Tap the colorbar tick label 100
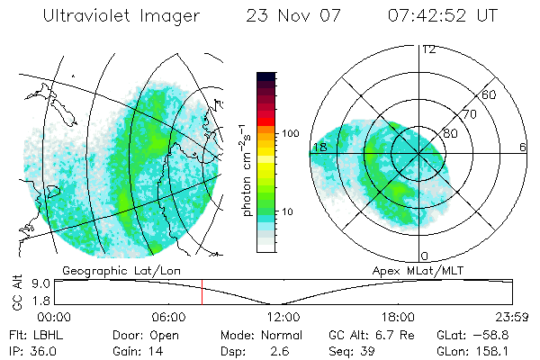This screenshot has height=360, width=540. tap(290, 133)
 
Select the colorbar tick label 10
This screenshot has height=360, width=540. tap(287, 212)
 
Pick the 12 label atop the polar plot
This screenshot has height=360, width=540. tap(428, 49)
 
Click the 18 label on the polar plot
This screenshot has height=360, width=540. tap(319, 147)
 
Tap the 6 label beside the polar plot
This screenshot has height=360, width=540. tap(523, 147)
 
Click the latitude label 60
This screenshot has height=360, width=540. tap(490, 95)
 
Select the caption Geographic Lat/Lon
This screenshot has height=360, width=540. tap(106, 269)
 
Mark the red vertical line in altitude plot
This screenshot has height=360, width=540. tap(202, 292)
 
